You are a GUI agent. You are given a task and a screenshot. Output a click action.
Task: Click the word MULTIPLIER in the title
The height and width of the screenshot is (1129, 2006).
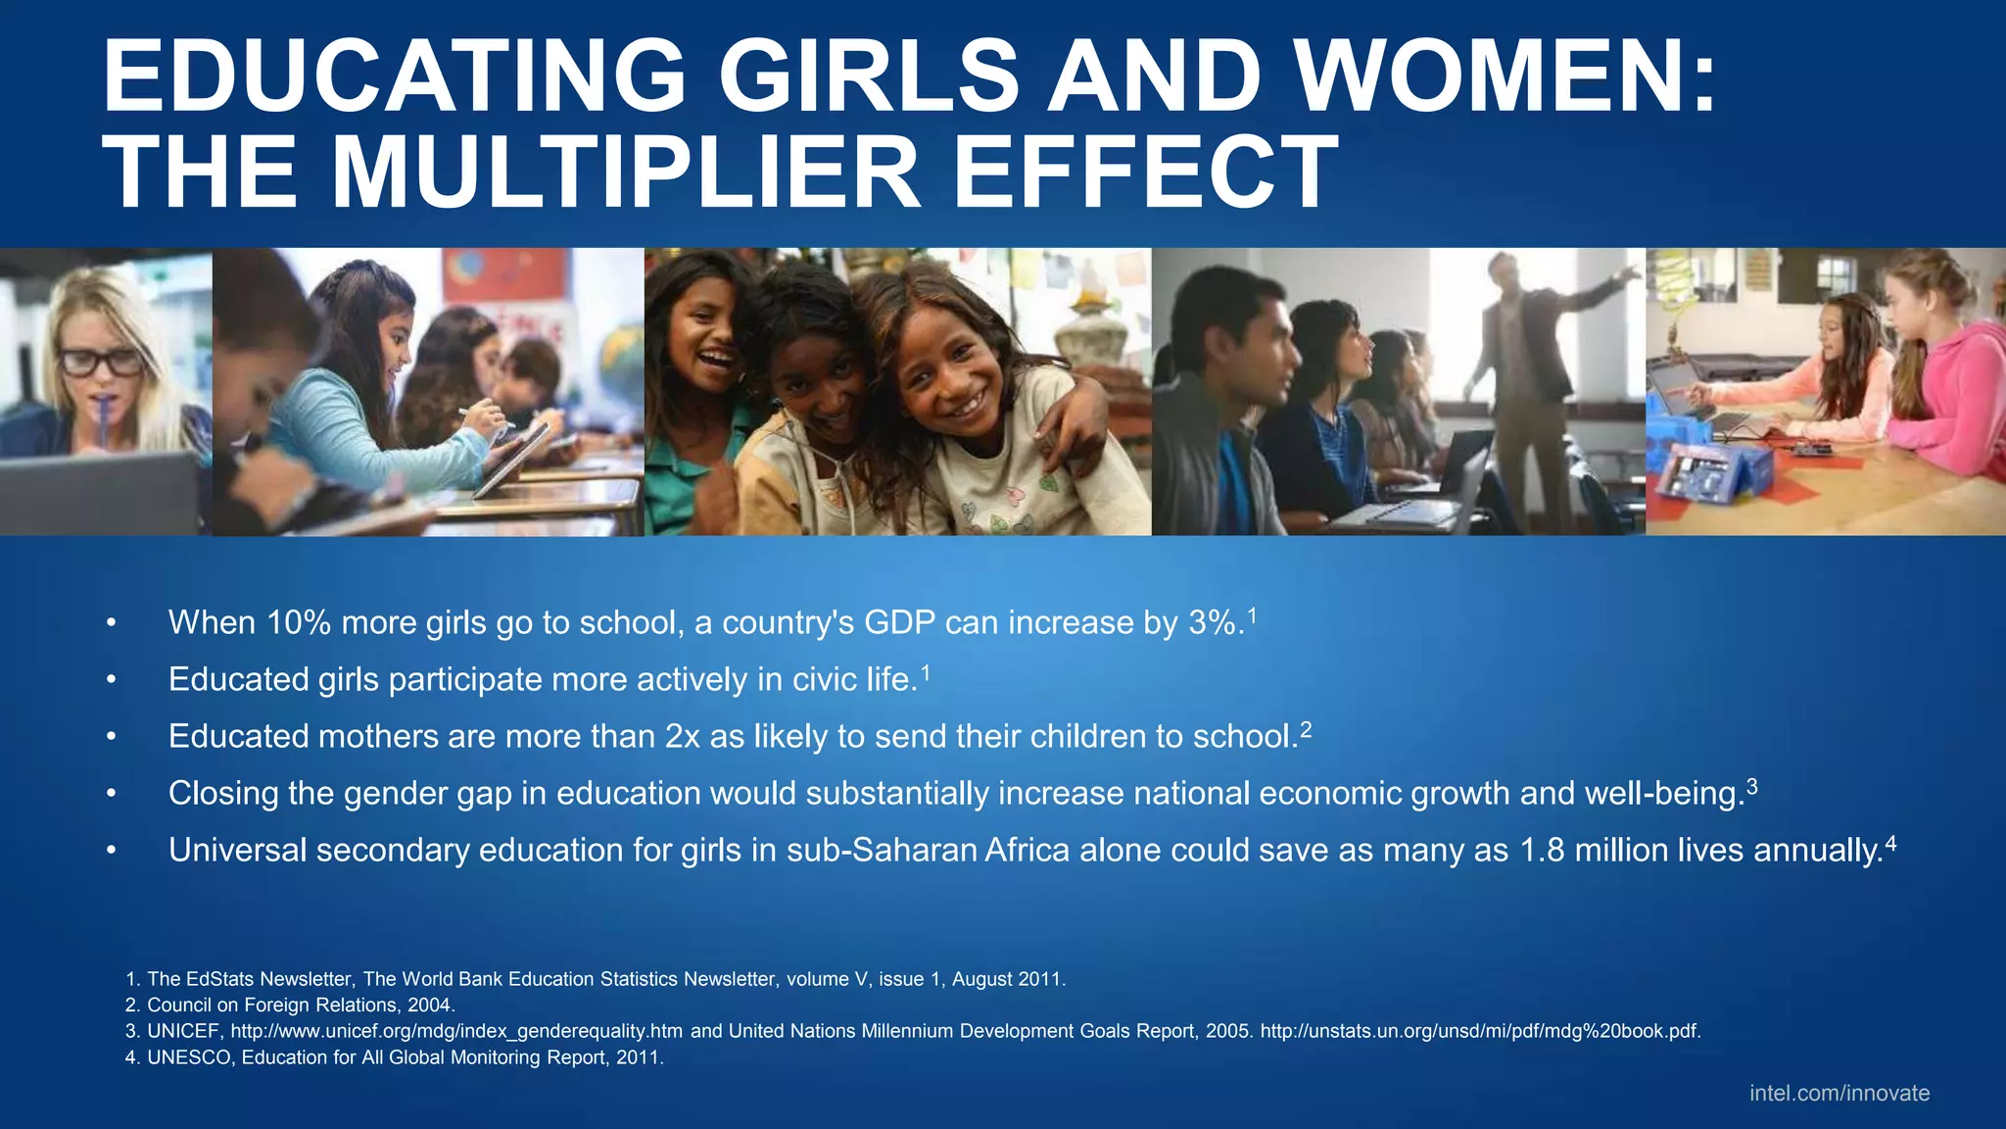tap(626, 172)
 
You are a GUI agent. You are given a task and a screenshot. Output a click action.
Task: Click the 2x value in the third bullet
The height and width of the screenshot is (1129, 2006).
tap(682, 736)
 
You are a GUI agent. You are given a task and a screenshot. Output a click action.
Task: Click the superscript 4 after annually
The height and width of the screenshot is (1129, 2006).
tap(1890, 843)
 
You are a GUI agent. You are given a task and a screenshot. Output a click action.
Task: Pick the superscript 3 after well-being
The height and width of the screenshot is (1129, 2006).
tap(1751, 786)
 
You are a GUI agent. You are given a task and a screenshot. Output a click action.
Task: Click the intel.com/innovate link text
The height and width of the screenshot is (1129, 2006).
tap(1839, 1093)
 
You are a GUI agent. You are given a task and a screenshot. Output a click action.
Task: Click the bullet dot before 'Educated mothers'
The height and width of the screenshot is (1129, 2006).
tap(112, 737)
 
